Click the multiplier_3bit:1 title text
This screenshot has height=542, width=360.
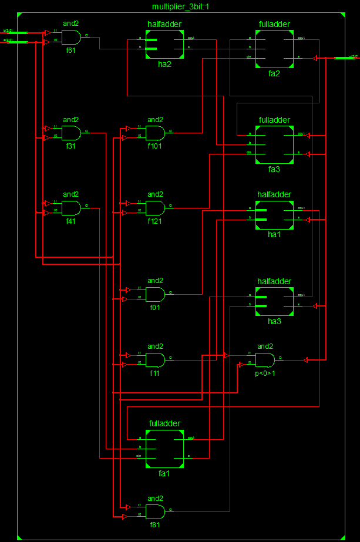pos(180,6)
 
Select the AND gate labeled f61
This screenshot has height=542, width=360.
pos(71,37)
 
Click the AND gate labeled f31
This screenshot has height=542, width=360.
pos(71,133)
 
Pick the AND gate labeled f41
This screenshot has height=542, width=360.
pos(71,207)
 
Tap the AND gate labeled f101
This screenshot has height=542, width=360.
pos(155,133)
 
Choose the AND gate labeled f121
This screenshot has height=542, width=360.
pos(155,207)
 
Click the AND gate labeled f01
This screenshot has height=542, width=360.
pos(155,294)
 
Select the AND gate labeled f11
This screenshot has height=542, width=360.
pos(155,359)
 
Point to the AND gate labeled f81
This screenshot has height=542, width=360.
pos(155,511)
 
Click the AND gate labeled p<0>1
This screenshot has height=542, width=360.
pos(265,359)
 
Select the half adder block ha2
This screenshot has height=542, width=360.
pos(164,44)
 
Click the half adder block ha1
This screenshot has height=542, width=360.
pos(274,215)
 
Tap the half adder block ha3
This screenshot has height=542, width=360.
pos(274,302)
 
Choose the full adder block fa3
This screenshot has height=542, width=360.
pos(274,144)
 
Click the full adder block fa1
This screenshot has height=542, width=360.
pos(164,448)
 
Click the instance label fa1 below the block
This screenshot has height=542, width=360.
pos(164,473)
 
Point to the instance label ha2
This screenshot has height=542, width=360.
pos(164,63)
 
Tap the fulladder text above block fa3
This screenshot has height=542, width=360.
pos(274,120)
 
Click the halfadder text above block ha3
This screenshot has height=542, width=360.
pos(274,281)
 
